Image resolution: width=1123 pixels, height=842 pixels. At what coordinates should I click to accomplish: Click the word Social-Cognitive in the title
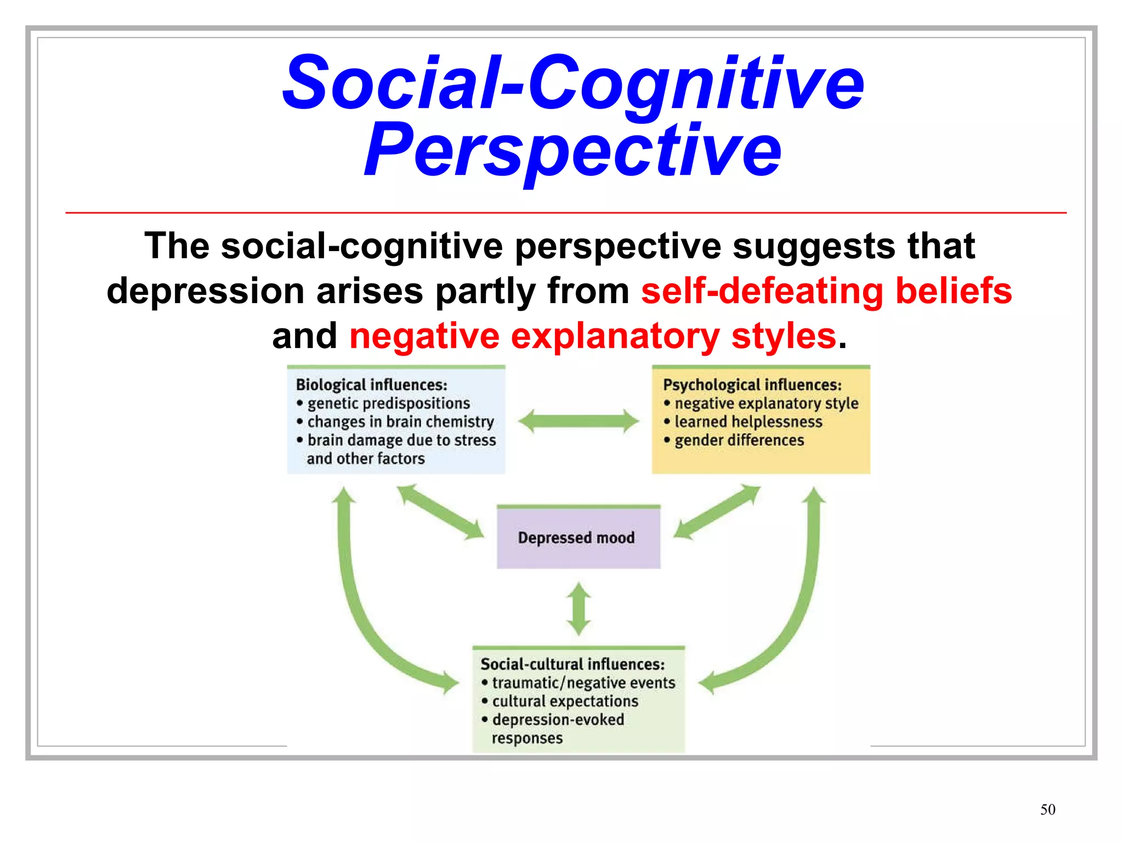572,82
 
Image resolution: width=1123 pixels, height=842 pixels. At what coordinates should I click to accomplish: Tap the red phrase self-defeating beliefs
826,291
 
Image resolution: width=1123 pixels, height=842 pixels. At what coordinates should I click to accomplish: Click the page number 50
1047,810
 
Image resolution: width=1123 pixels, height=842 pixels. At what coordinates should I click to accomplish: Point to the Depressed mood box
578,538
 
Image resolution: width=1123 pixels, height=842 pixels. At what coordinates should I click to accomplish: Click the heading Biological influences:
371,385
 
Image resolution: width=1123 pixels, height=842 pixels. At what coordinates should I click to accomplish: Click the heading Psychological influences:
752,385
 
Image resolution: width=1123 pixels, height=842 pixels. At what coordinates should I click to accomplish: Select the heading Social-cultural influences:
572,664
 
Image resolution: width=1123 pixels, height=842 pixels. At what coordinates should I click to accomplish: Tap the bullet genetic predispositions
388,403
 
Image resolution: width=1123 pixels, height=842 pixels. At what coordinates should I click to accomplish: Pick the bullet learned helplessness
748,422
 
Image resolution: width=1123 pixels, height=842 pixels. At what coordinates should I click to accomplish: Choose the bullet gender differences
739,440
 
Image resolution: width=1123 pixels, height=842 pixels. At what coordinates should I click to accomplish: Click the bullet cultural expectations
565,701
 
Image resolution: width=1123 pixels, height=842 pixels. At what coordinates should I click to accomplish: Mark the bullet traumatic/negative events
583,682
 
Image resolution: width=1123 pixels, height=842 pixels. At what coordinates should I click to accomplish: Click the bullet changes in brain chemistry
400,422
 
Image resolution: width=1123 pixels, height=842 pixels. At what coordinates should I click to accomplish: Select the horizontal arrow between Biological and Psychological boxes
578,421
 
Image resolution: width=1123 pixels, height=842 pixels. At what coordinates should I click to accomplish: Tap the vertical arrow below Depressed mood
578,608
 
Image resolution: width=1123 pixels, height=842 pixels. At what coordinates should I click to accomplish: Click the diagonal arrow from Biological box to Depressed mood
440,511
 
